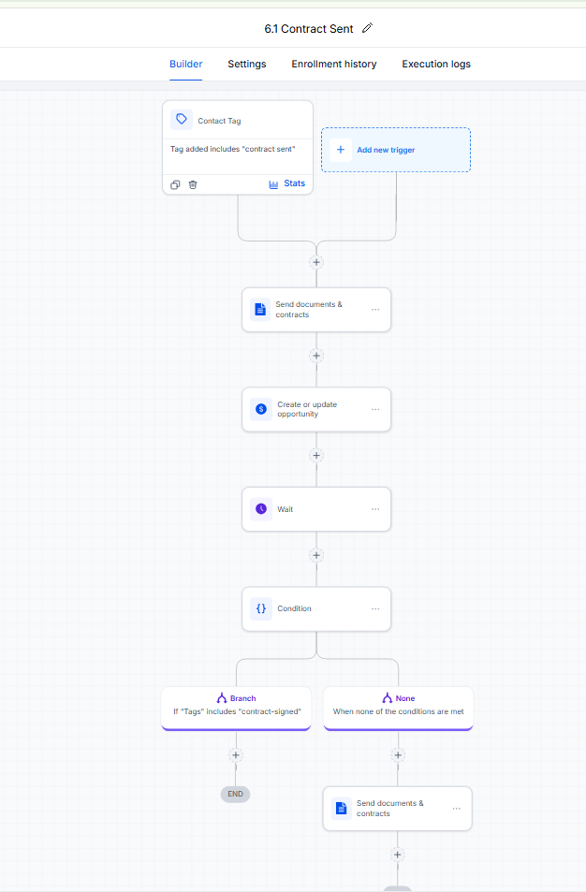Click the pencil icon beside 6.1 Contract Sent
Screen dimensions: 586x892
(x=368, y=28)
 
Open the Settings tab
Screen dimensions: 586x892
(x=247, y=64)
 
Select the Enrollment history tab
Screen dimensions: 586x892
(x=334, y=64)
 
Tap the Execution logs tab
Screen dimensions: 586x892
(x=436, y=64)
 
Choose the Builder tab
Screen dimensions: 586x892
(x=186, y=64)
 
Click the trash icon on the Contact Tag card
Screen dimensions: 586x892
(x=193, y=184)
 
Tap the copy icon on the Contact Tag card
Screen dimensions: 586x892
(x=175, y=184)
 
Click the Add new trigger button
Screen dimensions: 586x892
(x=396, y=150)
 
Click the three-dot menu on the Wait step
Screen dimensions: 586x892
(x=375, y=509)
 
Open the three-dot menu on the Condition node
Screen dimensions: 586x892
(x=375, y=608)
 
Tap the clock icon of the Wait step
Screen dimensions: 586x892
(x=261, y=508)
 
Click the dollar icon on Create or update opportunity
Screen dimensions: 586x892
(x=261, y=409)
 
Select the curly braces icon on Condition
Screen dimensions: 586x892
(x=261, y=608)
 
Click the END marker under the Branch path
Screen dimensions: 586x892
(x=236, y=794)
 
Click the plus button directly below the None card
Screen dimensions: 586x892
(x=398, y=755)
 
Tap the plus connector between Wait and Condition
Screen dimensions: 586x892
(x=316, y=555)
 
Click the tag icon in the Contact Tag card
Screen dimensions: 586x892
(x=182, y=120)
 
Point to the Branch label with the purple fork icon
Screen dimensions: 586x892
(x=236, y=698)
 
